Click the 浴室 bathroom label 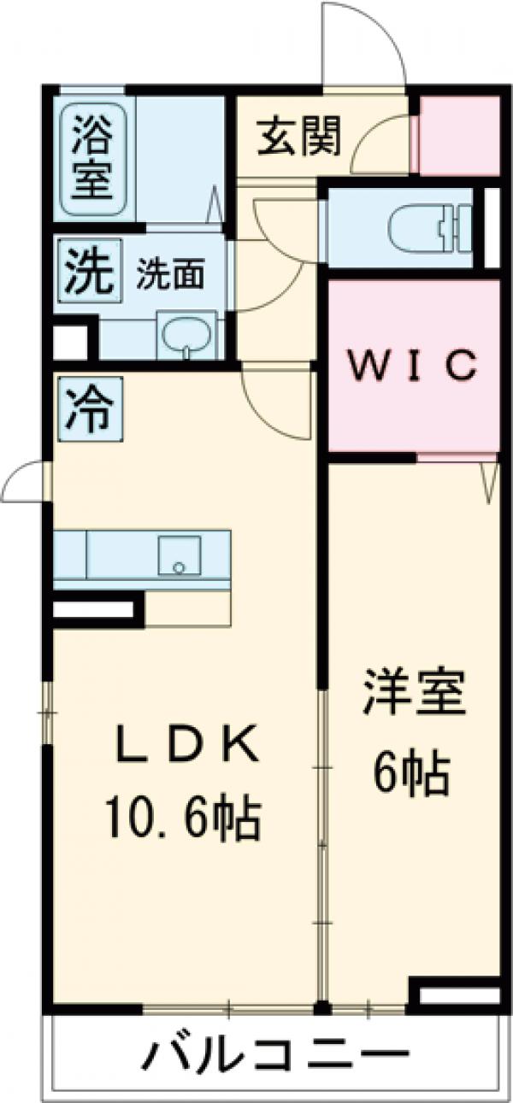point(93,158)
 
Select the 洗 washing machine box point(90,270)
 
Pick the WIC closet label point(414,364)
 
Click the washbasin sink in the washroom point(186,335)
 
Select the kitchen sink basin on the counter point(179,555)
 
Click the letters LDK point(186,744)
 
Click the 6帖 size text point(412,772)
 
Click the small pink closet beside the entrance point(459,135)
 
